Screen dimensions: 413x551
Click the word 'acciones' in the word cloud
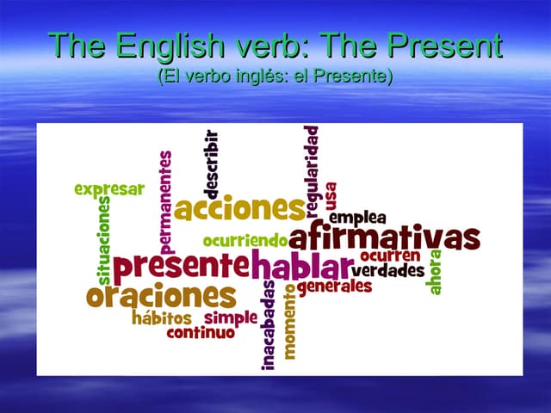[x=238, y=208]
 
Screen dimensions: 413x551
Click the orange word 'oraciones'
[x=161, y=295]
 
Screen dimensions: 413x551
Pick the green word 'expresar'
[x=109, y=189]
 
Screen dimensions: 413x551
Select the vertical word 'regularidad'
[x=312, y=170]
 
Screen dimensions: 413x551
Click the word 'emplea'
[x=357, y=217]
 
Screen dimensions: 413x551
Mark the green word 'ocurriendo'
[x=245, y=240]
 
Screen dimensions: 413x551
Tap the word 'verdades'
[x=387, y=270]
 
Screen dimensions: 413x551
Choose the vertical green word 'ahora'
[x=436, y=272]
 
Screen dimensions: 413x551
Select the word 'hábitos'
[x=162, y=317]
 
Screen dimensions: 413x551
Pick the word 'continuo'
[x=201, y=332]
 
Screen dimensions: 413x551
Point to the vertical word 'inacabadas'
[x=269, y=325]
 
